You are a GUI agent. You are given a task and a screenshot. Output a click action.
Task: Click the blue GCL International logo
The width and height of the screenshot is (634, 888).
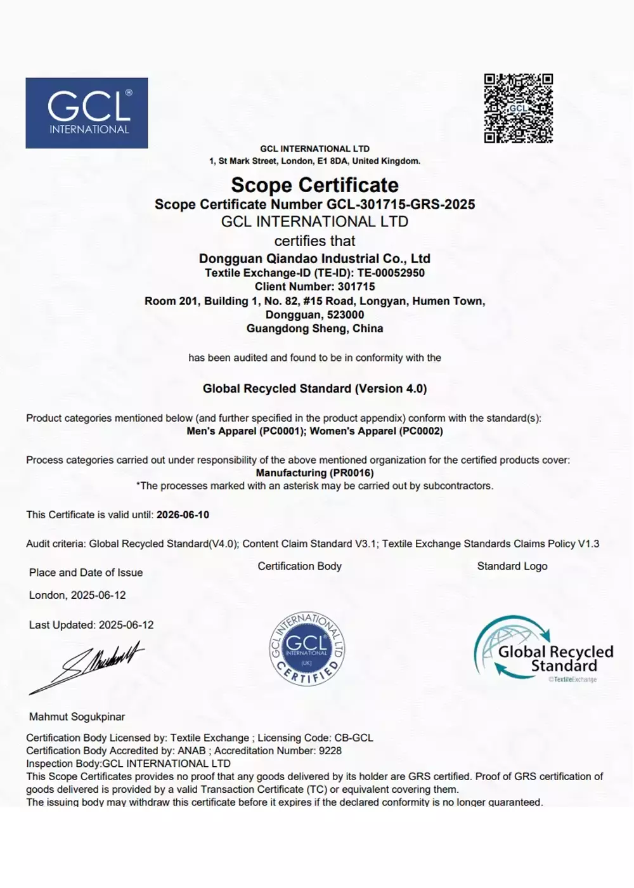87,113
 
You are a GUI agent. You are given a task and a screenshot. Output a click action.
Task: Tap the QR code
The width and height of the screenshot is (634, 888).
518,108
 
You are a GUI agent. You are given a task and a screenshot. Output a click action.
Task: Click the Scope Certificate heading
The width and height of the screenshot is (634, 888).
314,185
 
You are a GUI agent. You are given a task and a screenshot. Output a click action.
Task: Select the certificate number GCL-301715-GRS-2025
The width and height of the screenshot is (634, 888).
401,204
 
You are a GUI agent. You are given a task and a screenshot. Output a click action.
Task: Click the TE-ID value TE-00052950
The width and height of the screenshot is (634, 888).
391,273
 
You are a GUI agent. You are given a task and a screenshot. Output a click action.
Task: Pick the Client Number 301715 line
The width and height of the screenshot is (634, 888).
314,287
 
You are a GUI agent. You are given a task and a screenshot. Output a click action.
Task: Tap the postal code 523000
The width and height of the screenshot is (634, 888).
346,315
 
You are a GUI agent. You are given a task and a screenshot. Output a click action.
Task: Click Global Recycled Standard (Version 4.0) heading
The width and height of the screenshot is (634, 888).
314,388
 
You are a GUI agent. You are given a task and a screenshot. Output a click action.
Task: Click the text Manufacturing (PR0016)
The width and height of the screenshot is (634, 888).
314,473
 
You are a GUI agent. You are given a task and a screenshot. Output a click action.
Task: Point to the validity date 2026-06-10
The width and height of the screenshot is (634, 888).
183,514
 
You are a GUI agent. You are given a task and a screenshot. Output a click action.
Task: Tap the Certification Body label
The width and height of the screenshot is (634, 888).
299,566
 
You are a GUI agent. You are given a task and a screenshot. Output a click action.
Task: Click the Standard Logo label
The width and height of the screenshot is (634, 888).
512,566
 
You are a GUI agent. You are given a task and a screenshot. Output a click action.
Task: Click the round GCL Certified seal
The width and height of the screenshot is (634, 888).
307,648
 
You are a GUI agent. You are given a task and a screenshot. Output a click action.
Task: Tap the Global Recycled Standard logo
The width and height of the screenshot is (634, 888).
543,650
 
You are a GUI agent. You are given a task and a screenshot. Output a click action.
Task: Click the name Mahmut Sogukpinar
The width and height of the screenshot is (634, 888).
77,717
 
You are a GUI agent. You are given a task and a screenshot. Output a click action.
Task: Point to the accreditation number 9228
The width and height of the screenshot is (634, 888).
330,750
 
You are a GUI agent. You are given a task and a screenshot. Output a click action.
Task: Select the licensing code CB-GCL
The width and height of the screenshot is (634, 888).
354,738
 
